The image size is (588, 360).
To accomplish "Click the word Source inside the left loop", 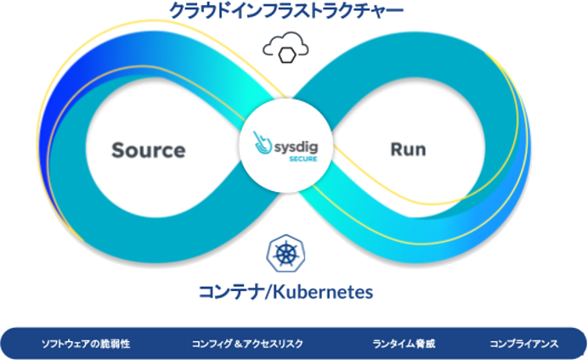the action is click(149, 150).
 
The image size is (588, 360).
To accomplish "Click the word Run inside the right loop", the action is click(409, 149).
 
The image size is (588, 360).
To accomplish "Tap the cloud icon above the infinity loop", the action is click(286, 48).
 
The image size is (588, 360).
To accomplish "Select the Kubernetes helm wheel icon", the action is click(286, 253).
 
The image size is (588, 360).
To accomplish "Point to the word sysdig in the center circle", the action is click(297, 147).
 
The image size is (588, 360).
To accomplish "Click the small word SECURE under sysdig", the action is click(303, 159).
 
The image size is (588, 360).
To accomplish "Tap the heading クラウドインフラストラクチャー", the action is click(286, 11).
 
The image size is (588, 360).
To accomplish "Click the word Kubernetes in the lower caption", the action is click(323, 292).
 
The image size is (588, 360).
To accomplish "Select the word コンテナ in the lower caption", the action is click(230, 292).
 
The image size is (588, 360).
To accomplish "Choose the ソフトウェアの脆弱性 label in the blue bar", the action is click(86, 344).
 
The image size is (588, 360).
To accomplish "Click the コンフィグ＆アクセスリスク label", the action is click(247, 344).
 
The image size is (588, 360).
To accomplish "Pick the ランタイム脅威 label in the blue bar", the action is click(404, 344).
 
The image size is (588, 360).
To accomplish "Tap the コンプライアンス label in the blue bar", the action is click(524, 344).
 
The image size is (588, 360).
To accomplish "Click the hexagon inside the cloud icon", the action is click(287, 55).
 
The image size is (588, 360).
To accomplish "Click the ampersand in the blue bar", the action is click(238, 344).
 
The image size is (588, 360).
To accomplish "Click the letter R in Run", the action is click(396, 149).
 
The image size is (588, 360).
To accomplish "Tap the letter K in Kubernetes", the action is click(279, 292).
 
